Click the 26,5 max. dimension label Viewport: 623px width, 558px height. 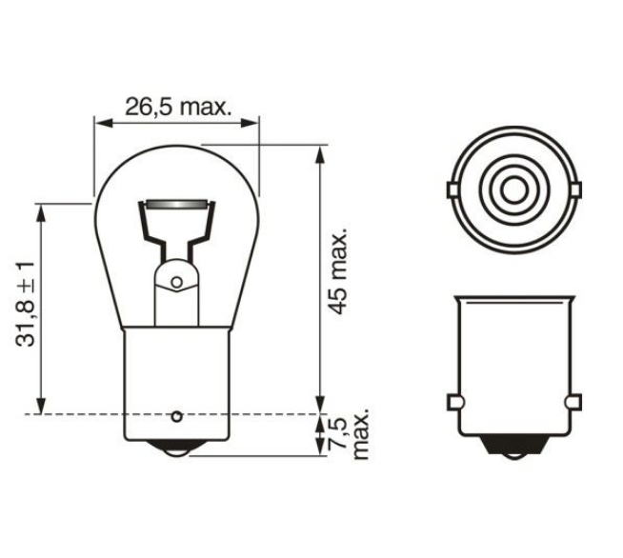(178, 108)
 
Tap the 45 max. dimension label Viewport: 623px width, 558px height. (339, 271)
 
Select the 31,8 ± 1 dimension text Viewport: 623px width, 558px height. (26, 304)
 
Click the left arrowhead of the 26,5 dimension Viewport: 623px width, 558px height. (104, 123)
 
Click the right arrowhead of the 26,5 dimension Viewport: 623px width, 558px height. (250, 123)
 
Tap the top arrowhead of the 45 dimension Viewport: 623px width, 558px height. (319, 154)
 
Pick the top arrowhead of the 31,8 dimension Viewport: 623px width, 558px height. (41, 212)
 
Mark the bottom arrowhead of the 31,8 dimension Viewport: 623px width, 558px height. (41, 405)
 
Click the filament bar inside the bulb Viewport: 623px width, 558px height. (176, 205)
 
